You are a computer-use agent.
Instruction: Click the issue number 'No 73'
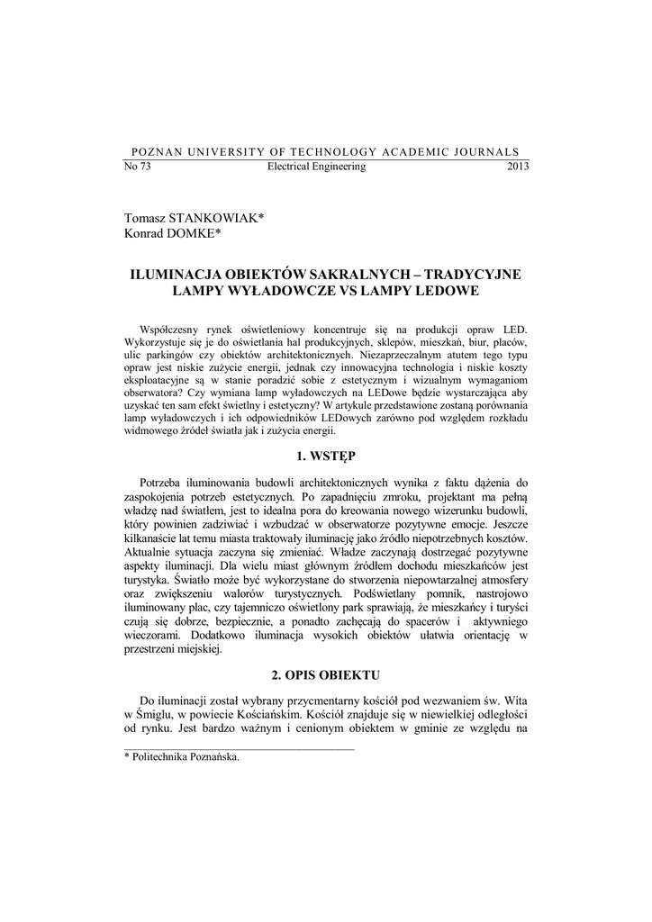(x=136, y=167)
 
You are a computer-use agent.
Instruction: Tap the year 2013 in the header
(x=519, y=167)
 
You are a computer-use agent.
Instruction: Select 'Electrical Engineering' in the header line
(x=317, y=167)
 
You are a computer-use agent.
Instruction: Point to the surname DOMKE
(x=193, y=233)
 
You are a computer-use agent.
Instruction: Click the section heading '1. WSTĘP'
(x=326, y=456)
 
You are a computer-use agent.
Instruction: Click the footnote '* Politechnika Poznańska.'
(x=182, y=758)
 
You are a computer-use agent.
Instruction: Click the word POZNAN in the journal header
(x=155, y=151)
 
